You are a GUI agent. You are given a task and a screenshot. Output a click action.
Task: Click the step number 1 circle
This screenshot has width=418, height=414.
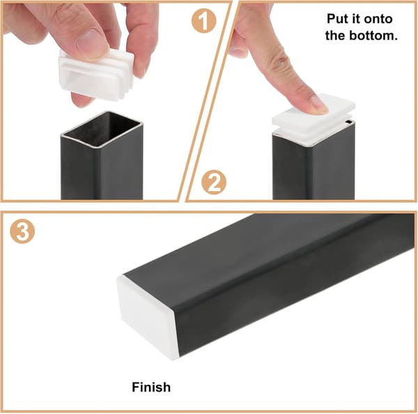203,20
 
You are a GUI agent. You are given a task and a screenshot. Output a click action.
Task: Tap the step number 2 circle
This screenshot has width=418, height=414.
214,182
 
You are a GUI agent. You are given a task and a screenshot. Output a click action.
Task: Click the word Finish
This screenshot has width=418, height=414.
151,387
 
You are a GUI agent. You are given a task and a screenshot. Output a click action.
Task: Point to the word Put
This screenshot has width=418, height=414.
336,19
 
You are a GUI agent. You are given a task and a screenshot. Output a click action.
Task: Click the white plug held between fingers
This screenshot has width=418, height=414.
96,74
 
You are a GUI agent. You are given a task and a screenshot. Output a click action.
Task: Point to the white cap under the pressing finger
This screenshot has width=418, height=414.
314,119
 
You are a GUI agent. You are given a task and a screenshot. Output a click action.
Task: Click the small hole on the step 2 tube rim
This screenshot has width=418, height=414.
349,122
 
